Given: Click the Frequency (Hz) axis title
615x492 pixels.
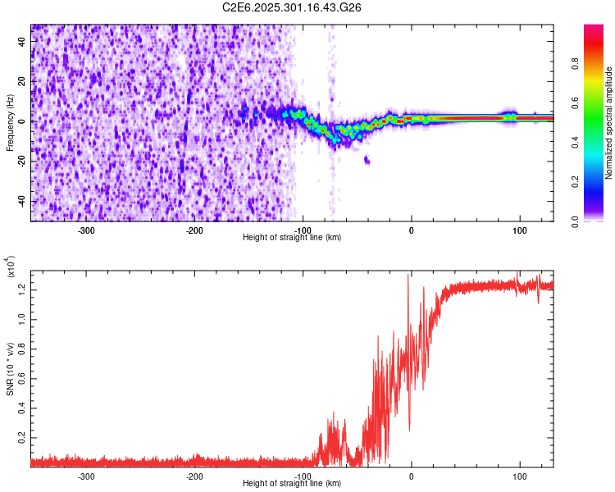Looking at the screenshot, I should click(10, 122).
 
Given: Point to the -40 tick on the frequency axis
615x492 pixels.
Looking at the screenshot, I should click(22, 201).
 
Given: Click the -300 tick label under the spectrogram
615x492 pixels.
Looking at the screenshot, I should click(86, 230).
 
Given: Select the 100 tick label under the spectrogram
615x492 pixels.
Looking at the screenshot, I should click(519, 230).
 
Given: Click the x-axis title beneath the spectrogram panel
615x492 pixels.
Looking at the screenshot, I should click(292, 238).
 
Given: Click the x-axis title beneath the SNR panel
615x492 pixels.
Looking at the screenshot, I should click(292, 484).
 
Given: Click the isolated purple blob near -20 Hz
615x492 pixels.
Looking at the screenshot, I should click(367, 160).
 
